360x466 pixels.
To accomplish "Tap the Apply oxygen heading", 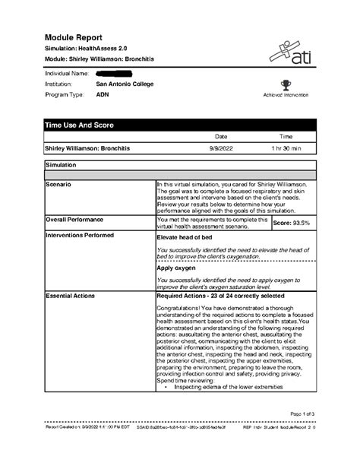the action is pos(175,268).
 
